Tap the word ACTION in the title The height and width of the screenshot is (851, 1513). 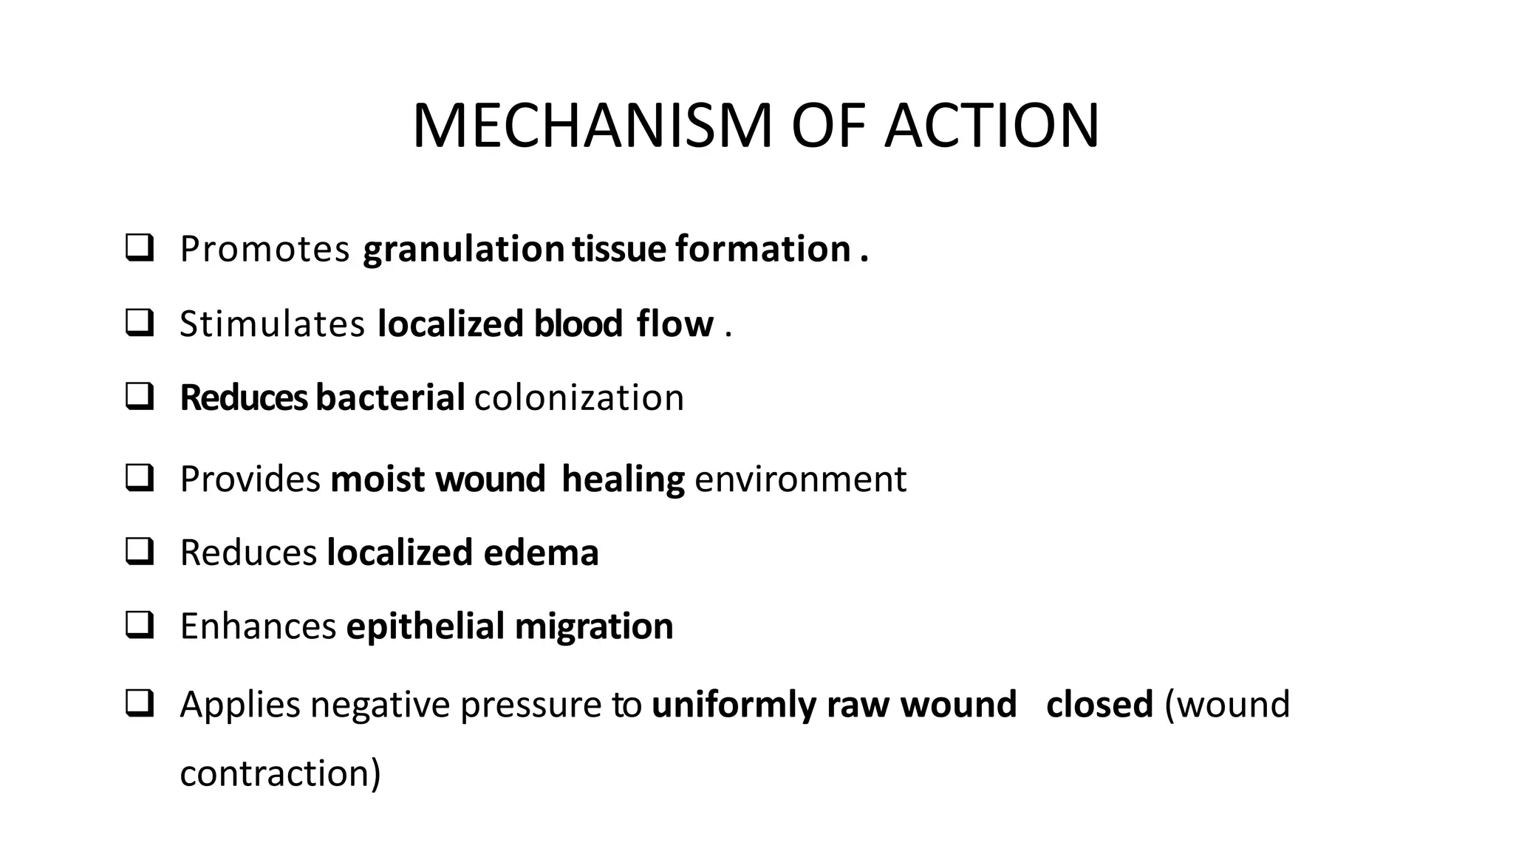pos(992,126)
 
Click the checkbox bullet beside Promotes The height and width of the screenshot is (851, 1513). pos(140,247)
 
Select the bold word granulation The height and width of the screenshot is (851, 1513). pos(463,249)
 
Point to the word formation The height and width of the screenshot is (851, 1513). pos(762,249)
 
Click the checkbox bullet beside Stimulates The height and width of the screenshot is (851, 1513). pos(140,323)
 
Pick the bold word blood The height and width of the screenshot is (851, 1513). pos(578,324)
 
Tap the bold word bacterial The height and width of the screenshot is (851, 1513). pos(390,397)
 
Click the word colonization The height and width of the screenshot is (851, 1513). pos(579,397)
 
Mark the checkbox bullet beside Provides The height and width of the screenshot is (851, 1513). pos(140,478)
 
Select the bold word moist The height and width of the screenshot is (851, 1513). pos(378,479)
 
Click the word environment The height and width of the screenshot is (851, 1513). pos(801,479)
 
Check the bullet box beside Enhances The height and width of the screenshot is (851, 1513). pos(140,625)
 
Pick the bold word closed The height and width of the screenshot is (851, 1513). pos(1099,704)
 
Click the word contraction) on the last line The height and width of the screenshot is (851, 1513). pos(280,773)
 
